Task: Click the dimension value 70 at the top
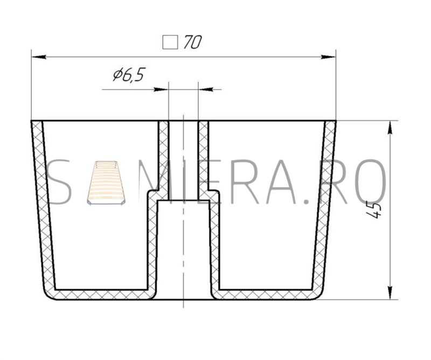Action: (192, 42)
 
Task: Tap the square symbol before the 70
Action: (170, 43)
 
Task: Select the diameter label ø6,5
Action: (129, 74)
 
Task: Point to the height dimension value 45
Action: (374, 210)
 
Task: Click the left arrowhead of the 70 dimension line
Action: (39, 57)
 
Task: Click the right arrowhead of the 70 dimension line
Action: (329, 57)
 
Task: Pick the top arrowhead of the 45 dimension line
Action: (390, 128)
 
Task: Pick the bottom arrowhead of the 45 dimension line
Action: (390, 292)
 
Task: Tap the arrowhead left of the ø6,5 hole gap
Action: (161, 89)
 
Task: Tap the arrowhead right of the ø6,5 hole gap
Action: (206, 89)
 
